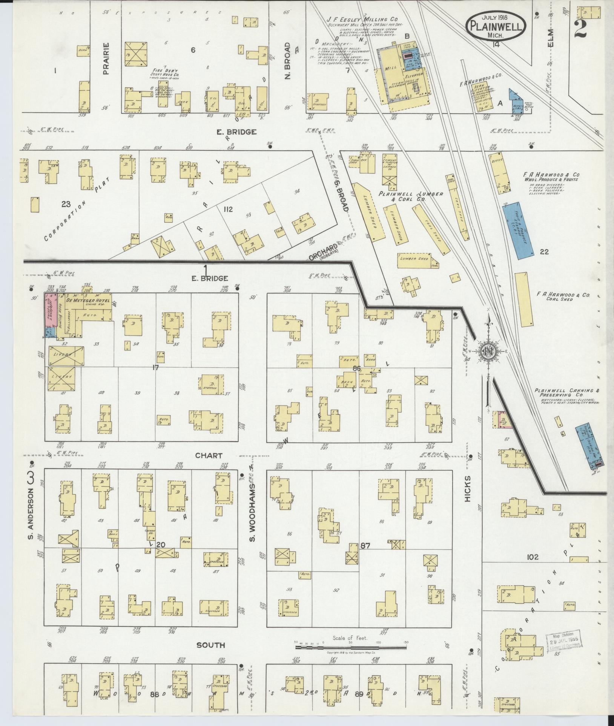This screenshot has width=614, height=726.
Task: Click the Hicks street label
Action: coord(468,489)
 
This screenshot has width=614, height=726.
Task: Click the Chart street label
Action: coord(209,455)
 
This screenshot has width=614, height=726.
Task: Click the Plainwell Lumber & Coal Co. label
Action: coord(411,196)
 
